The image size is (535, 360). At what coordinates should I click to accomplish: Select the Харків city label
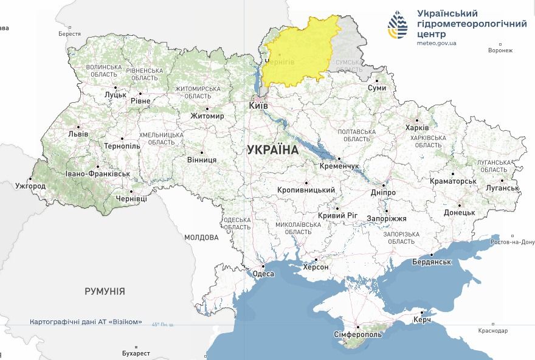tap(417, 128)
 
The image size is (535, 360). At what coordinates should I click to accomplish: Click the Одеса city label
tap(263, 274)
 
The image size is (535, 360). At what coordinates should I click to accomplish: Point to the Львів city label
tap(78, 133)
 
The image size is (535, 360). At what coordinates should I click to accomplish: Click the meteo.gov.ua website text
tap(437, 43)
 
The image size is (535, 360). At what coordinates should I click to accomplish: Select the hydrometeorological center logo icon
tap(399, 24)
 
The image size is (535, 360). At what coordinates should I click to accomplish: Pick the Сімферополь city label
tap(357, 334)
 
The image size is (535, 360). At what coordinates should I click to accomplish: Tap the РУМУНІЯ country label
tap(105, 291)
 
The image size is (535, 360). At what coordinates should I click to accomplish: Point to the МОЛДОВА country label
tap(201, 237)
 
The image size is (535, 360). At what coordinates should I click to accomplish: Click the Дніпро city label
tap(382, 192)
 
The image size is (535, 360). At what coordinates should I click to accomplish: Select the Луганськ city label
tap(502, 188)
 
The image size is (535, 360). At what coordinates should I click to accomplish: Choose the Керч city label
tap(421, 319)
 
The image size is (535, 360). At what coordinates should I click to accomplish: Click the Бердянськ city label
tap(431, 261)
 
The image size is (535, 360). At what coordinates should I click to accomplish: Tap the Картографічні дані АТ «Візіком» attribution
tap(86, 322)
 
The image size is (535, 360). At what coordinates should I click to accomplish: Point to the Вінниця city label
tap(201, 160)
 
